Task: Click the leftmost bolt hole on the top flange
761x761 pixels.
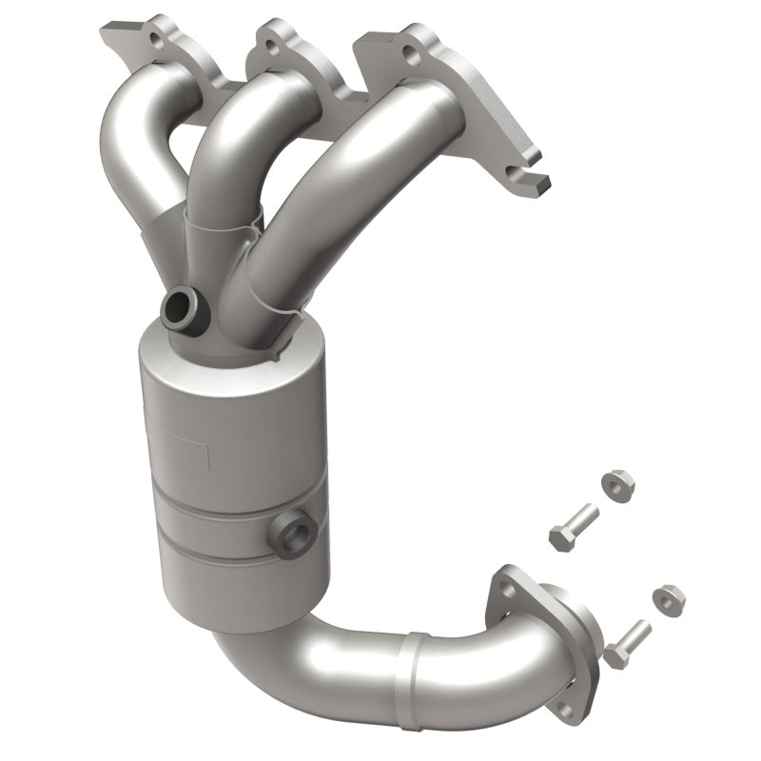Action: [151, 41]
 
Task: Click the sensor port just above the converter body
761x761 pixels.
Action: [179, 306]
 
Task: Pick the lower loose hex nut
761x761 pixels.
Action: [669, 596]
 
